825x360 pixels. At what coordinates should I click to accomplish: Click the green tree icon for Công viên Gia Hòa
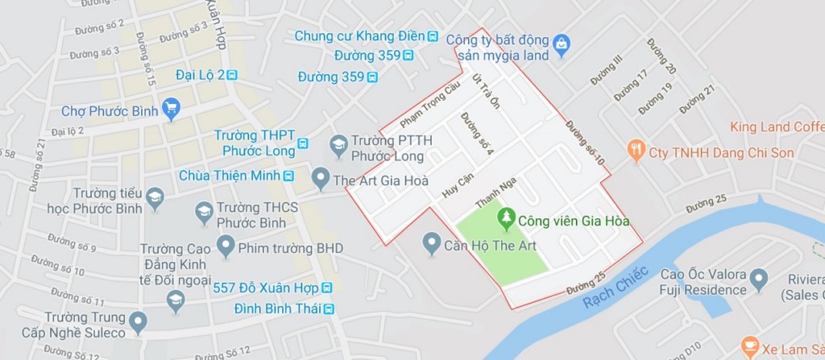[x=506, y=217]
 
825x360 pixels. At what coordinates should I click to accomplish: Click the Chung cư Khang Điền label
[x=359, y=36]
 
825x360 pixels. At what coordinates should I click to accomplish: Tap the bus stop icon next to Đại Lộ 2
[x=233, y=75]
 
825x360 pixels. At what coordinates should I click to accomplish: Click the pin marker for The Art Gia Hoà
[x=321, y=176]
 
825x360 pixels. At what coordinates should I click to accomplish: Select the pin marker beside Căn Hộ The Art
[x=432, y=242]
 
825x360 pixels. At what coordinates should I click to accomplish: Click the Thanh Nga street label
[x=494, y=191]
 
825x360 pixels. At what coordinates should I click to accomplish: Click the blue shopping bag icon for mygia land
[x=562, y=41]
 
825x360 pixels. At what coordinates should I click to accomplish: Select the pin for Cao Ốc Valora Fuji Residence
[x=758, y=281]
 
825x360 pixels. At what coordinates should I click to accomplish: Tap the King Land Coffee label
[x=776, y=127]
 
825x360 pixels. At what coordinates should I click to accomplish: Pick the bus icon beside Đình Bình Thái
[x=328, y=308]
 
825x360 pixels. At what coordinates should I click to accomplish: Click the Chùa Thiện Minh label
[x=248, y=176]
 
